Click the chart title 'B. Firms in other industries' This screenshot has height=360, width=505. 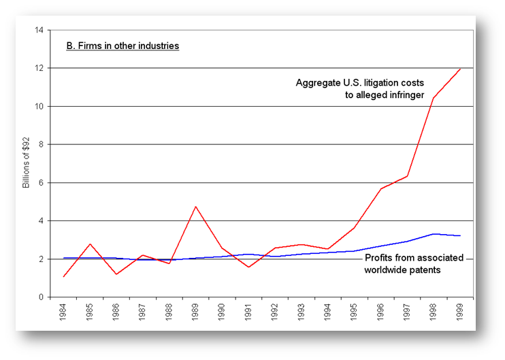tap(123, 46)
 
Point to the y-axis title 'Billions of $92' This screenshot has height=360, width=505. tap(27, 163)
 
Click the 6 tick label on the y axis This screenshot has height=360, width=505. tap(42, 182)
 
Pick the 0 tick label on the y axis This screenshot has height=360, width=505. tap(42, 297)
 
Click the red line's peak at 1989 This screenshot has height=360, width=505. tap(196, 206)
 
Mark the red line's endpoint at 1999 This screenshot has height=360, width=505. tap(461, 69)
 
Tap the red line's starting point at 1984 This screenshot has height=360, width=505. tap(63, 276)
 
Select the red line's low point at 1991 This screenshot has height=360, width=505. tap(249, 267)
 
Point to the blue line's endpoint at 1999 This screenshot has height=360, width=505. tap(461, 235)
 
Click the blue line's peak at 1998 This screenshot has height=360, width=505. tap(434, 233)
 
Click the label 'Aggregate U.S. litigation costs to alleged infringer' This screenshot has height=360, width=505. tap(359, 89)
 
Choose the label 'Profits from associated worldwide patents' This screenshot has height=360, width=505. tap(414, 264)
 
